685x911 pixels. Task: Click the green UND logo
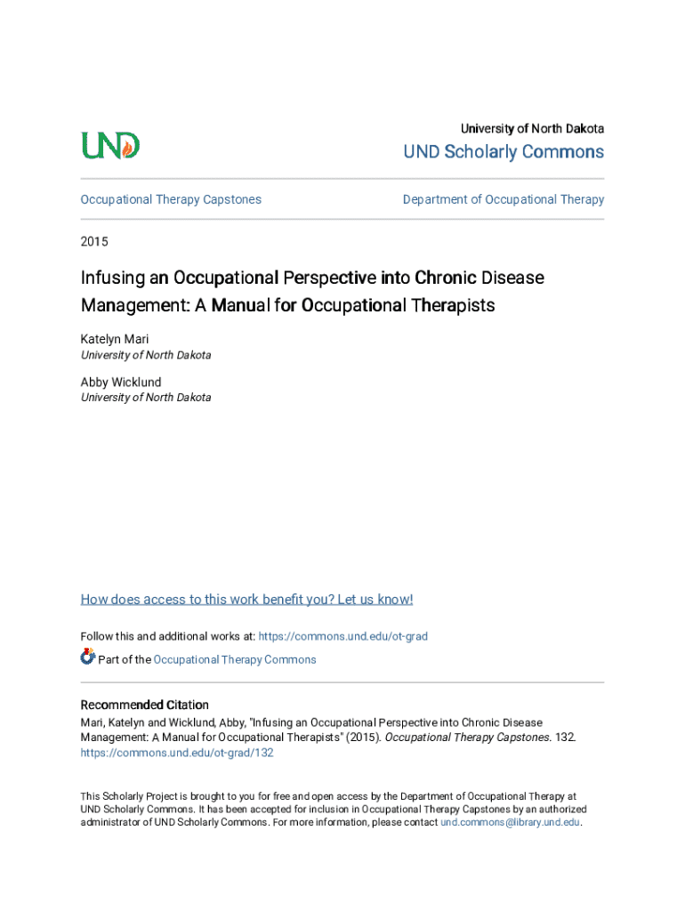point(110,145)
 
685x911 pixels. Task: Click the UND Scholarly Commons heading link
point(504,152)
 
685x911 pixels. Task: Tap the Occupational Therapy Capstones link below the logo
point(171,199)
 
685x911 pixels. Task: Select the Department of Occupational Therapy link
point(504,199)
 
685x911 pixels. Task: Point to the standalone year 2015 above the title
point(95,241)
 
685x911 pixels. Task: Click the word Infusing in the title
point(113,278)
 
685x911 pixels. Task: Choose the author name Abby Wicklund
point(121,382)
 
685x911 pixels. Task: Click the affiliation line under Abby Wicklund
point(146,398)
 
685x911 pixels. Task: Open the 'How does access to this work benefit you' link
point(246,599)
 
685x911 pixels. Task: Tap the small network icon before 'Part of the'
point(87,657)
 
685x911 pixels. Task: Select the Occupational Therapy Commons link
point(235,659)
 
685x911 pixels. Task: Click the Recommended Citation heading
point(145,705)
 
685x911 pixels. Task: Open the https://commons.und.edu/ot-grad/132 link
point(177,752)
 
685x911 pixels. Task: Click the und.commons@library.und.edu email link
point(510,822)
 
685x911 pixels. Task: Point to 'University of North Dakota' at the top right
point(532,129)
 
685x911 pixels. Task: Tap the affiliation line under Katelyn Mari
point(146,355)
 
